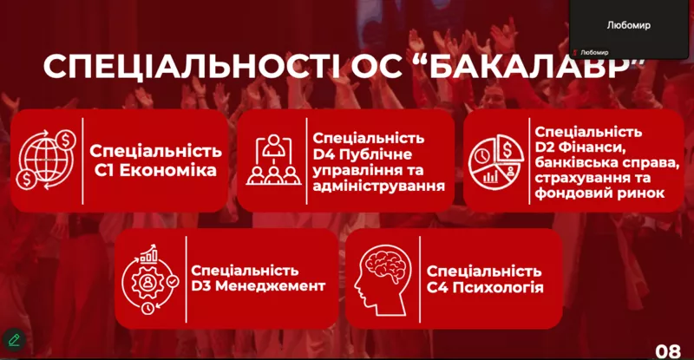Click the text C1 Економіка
pos(155,171)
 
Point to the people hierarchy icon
pos(273,160)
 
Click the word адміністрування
pos(379,186)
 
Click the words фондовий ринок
pos(599,193)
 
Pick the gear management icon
pos(150,279)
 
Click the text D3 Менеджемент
pos(258,285)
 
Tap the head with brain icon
pos(383,281)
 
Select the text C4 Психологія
pos(485,287)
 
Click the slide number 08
pos(668,351)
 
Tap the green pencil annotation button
pos(14,340)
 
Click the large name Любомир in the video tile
pos(628,25)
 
